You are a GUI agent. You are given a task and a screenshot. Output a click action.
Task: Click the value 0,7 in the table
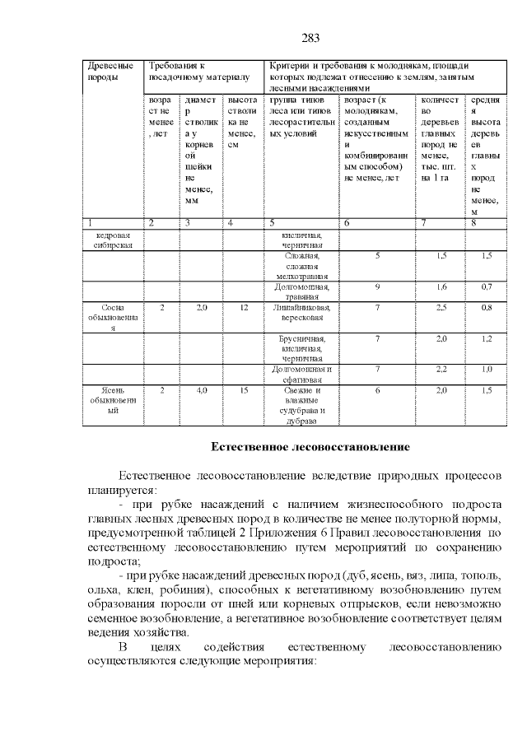(x=486, y=286)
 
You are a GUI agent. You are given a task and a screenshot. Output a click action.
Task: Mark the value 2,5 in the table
(x=441, y=307)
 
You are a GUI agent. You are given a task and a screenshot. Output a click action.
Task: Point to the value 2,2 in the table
(x=441, y=370)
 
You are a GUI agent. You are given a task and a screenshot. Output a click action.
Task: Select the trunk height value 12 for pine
(x=244, y=307)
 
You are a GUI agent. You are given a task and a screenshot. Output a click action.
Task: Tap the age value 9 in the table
(x=376, y=286)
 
